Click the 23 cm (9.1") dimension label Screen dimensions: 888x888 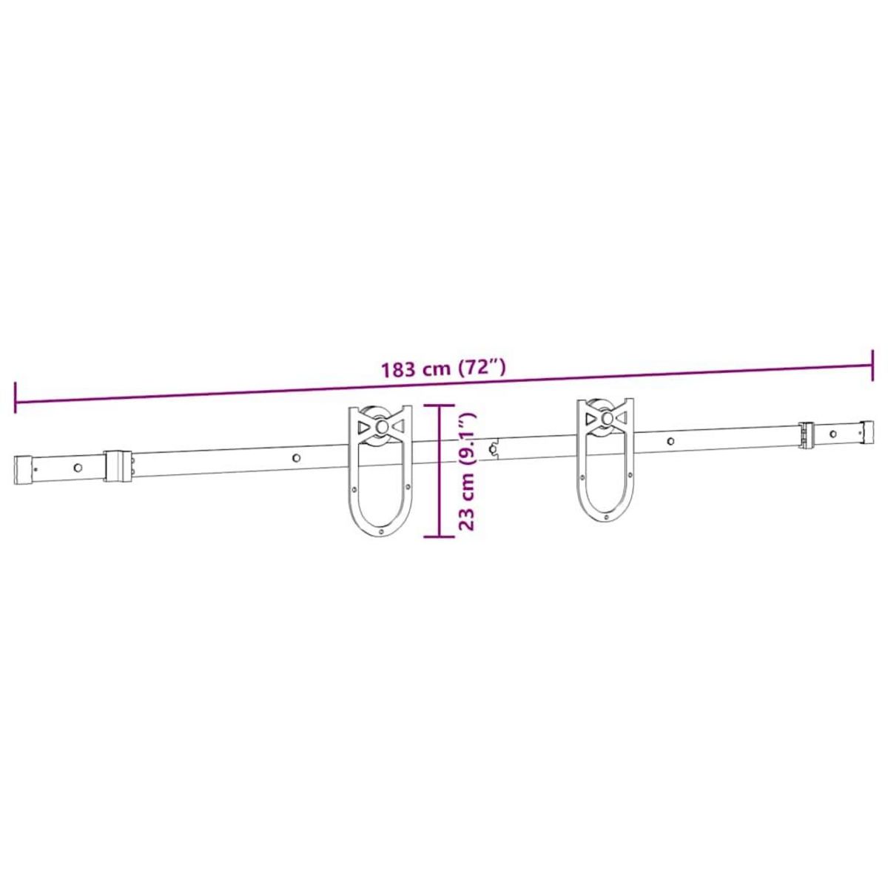pyautogui.click(x=467, y=471)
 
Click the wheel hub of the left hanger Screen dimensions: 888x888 pyautogui.click(x=380, y=427)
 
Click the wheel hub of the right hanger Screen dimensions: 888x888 pyautogui.click(x=607, y=419)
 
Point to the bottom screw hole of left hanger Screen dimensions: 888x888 pyautogui.click(x=380, y=531)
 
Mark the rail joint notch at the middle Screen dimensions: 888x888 pyautogui.click(x=493, y=447)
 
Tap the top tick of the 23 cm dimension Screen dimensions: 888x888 pyautogui.click(x=440, y=406)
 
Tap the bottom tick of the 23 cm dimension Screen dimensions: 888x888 pyautogui.click(x=440, y=536)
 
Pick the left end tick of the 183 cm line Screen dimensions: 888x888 pyautogui.click(x=15, y=399)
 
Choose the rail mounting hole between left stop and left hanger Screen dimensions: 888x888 pyautogui.click(x=295, y=458)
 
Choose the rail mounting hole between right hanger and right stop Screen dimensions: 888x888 pyautogui.click(x=670, y=442)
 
